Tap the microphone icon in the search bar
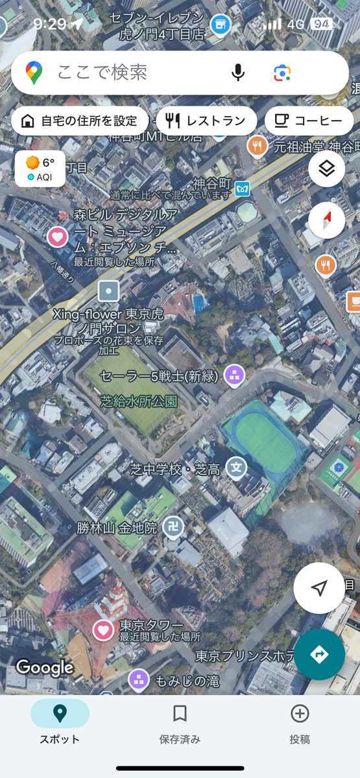(x=238, y=73)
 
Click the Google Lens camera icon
(x=282, y=73)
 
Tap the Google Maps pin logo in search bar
(x=34, y=73)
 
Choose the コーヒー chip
(x=309, y=121)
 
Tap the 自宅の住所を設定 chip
(x=80, y=121)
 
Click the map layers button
(x=326, y=169)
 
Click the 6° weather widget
(x=40, y=169)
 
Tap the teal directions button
(x=319, y=654)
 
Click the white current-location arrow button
(x=319, y=588)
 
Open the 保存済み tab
(x=180, y=722)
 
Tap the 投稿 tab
(x=300, y=722)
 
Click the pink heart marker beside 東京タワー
(x=103, y=630)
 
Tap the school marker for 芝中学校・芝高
(x=237, y=467)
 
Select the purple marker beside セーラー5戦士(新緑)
(x=234, y=374)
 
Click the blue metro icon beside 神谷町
(x=243, y=186)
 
